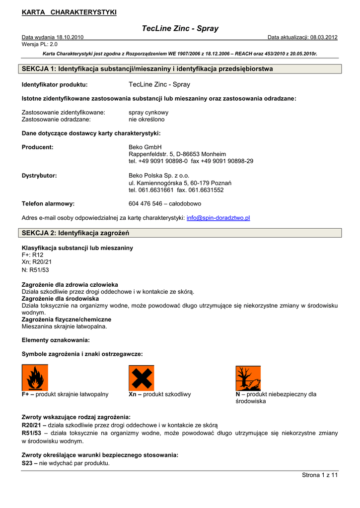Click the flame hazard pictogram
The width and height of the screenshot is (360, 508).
click(35, 378)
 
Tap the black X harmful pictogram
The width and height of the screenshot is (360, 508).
click(142, 378)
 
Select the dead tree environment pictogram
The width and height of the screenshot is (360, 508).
click(248, 378)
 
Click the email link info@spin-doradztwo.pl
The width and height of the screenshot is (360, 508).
click(218, 218)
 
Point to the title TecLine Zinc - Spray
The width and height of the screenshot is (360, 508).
click(180, 29)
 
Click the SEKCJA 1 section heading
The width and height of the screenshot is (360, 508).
click(147, 69)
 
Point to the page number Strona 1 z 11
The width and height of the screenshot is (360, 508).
click(320, 475)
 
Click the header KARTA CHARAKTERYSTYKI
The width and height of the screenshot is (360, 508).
click(69, 12)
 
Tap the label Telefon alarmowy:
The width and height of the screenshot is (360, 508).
click(48, 204)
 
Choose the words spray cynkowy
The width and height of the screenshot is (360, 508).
click(148, 113)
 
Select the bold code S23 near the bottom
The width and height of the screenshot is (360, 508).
click(29, 463)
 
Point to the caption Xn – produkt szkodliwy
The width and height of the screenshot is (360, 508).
click(159, 394)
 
